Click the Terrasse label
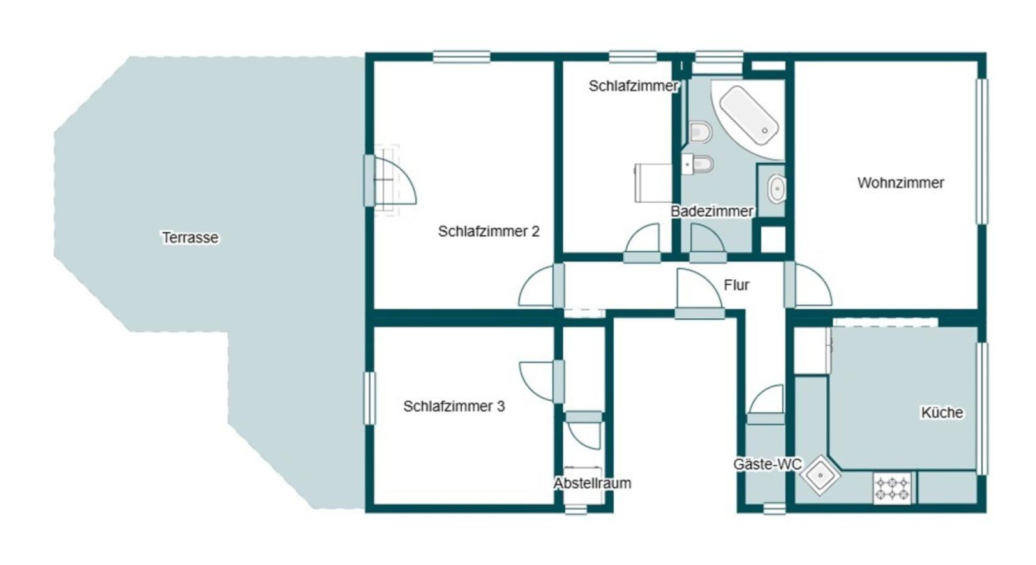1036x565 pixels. pyautogui.click(x=190, y=237)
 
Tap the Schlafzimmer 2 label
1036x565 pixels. pyautogui.click(x=489, y=231)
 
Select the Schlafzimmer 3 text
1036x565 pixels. pyautogui.click(x=454, y=406)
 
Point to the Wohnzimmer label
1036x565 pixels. pyautogui.click(x=900, y=183)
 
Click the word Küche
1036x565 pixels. pyautogui.click(x=942, y=412)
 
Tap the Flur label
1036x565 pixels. pyautogui.click(x=736, y=285)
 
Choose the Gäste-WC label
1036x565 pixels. pyautogui.click(x=768, y=465)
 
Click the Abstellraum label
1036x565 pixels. pyautogui.click(x=592, y=483)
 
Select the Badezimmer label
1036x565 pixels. pyautogui.click(x=712, y=211)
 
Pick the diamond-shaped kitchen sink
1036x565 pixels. pyautogui.click(x=821, y=475)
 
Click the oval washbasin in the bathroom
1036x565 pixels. pyautogui.click(x=777, y=188)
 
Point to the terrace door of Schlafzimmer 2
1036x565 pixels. pyautogui.click(x=391, y=181)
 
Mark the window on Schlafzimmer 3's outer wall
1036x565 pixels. pyautogui.click(x=369, y=398)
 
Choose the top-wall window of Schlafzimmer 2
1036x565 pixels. pyautogui.click(x=462, y=57)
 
